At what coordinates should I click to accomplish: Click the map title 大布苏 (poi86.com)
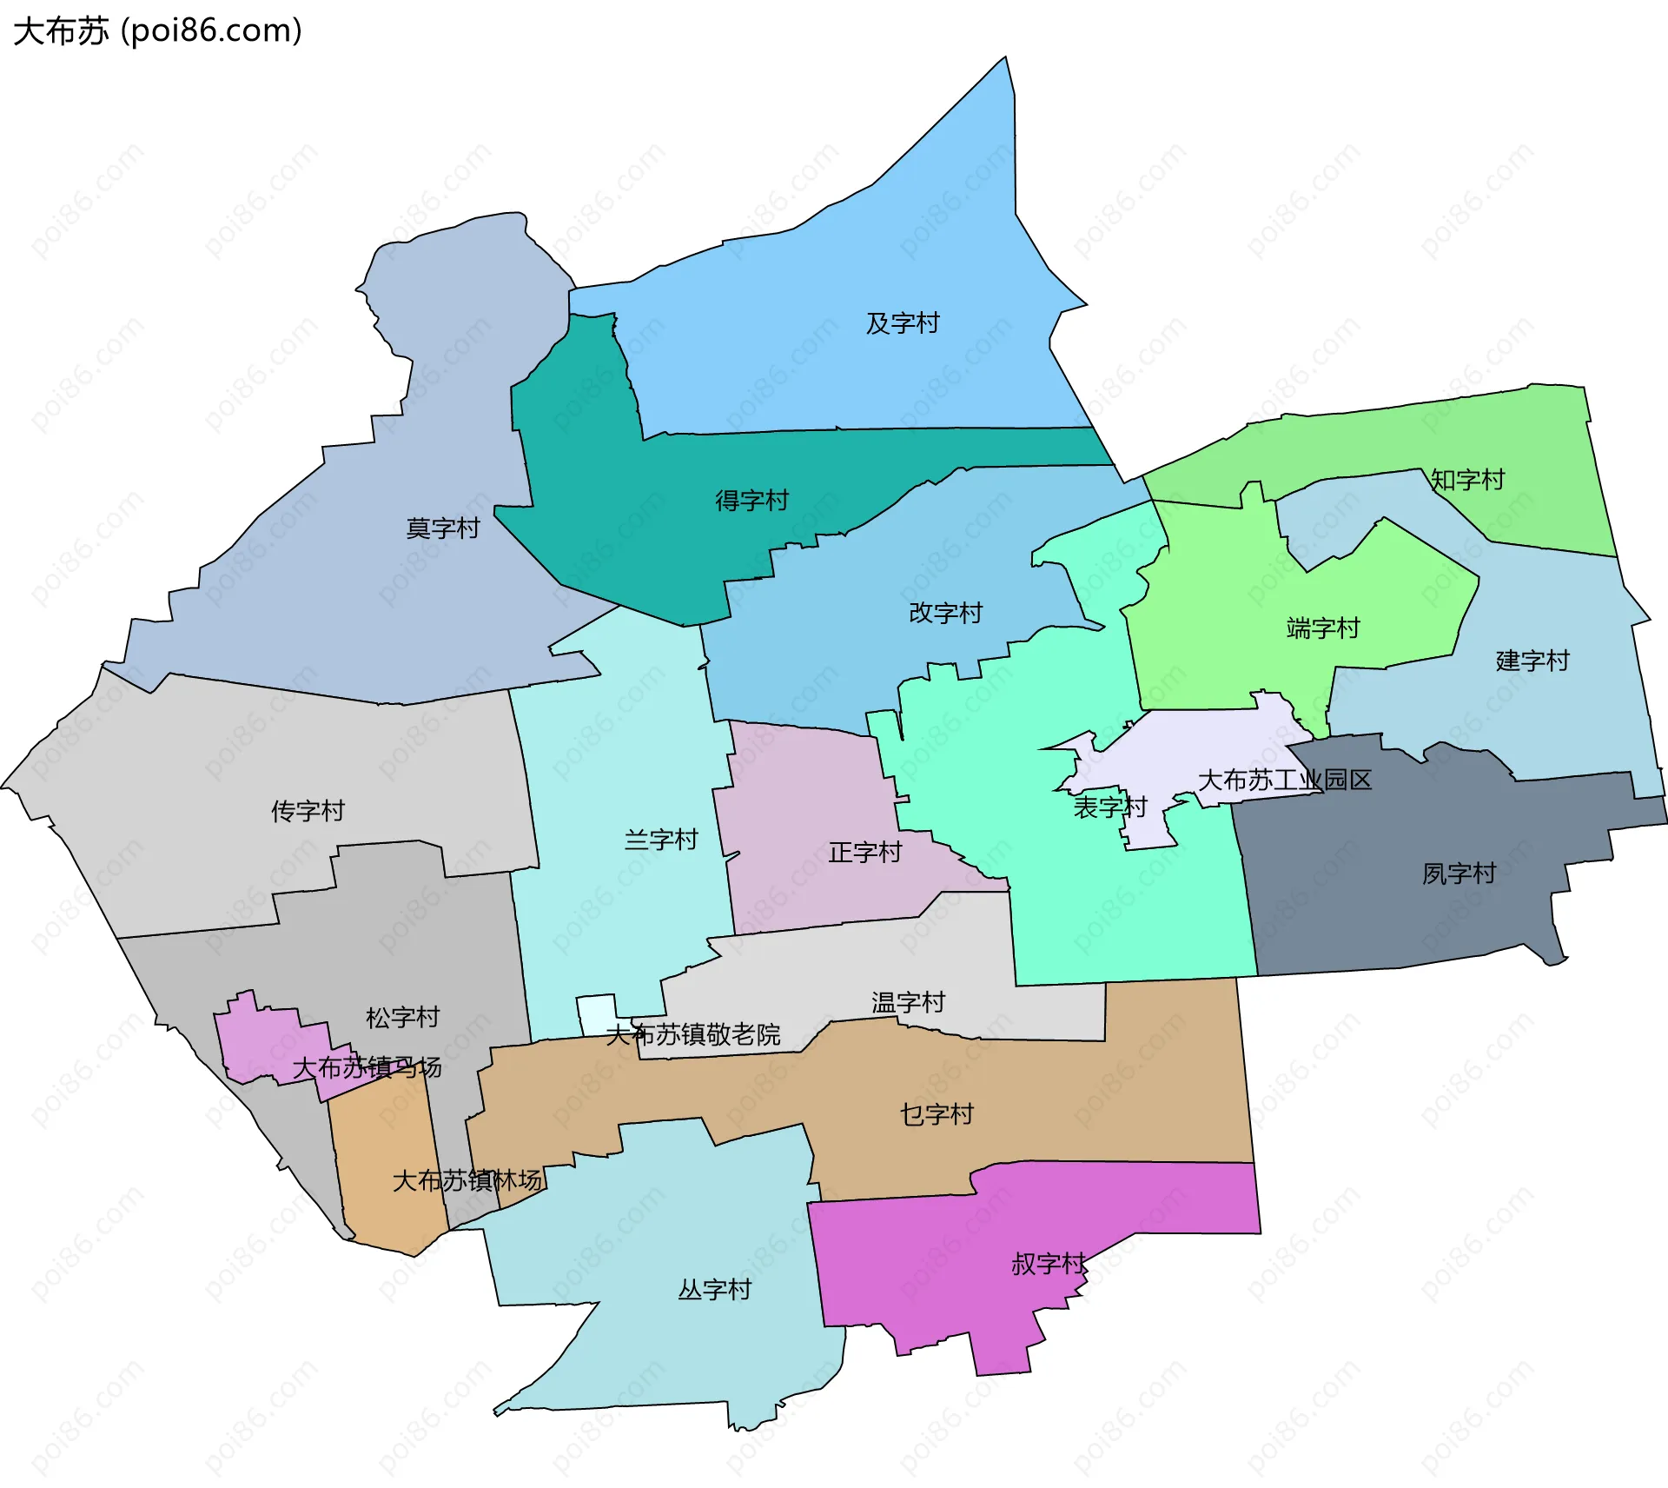coord(157,30)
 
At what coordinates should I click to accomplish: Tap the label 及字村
coord(902,323)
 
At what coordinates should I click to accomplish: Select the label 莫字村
coord(442,528)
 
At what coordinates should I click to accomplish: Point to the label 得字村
coord(751,501)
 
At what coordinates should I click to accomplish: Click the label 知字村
coord(1467,480)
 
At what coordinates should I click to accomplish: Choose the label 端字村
coord(1322,628)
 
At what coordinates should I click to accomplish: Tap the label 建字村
coord(1532,661)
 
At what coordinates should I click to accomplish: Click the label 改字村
coord(945,613)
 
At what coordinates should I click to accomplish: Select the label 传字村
coord(308,811)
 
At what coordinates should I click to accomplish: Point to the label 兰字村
coord(661,840)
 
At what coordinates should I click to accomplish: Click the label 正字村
coord(864,852)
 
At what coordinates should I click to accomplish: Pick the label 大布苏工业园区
coord(1284,780)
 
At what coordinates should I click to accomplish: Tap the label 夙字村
coord(1459,874)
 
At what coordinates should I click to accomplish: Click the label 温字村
coord(908,1002)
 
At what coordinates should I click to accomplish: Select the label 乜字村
coord(937,1114)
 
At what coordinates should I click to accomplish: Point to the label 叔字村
coord(1049,1264)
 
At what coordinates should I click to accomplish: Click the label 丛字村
coord(714,1289)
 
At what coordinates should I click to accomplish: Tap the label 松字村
coord(402,1017)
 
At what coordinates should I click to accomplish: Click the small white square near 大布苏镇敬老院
coord(595,1013)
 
